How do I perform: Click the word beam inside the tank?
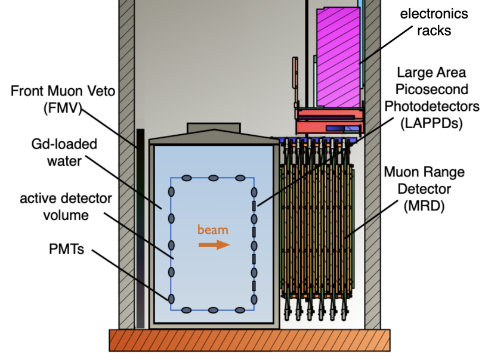pos(213,230)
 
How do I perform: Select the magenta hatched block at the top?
pos(338,57)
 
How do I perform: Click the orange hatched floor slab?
pos(249,340)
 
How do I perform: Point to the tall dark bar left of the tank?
pos(140,226)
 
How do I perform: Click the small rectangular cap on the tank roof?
pos(214,128)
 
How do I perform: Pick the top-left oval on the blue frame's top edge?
pos(186,178)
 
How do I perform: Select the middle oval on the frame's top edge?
pos(213,178)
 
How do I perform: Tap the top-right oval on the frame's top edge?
pos(240,178)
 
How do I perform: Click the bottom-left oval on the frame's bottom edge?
pos(186,310)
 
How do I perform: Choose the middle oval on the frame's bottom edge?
pos(213,310)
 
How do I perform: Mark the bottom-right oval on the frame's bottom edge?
pos(240,310)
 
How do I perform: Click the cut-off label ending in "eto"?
pos(107,92)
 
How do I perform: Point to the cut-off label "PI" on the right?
pos(390,107)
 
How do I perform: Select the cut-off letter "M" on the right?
pos(390,172)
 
